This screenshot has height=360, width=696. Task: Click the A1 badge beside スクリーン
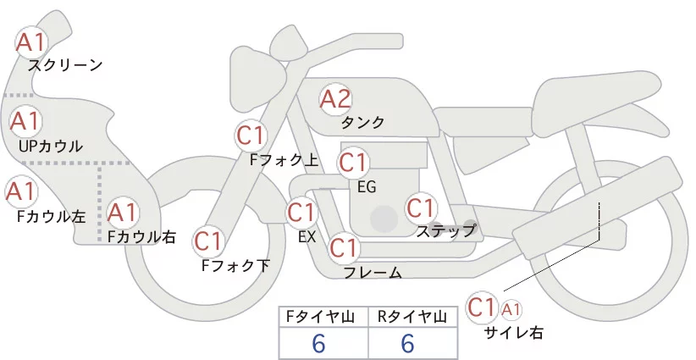33,42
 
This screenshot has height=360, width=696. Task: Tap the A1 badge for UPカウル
25,121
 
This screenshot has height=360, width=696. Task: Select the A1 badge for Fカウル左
20,191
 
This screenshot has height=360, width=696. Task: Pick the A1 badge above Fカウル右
123,211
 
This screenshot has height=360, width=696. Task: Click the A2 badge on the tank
335,99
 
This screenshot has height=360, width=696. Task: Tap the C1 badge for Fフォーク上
251,135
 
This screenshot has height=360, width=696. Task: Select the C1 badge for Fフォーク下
208,241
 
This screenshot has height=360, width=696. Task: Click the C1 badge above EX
302,212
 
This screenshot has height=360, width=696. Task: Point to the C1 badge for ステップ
421,208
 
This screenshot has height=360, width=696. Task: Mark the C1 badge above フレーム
344,248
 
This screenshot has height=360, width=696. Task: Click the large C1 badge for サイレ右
482,306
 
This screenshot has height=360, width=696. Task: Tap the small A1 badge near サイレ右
512,308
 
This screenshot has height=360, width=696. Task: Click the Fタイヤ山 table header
323,317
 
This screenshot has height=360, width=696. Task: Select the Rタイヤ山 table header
412,317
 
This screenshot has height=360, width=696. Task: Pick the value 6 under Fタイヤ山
319,344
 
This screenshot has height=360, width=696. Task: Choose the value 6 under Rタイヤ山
407,344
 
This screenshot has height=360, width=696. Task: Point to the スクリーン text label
65,64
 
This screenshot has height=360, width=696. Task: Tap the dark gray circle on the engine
385,219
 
